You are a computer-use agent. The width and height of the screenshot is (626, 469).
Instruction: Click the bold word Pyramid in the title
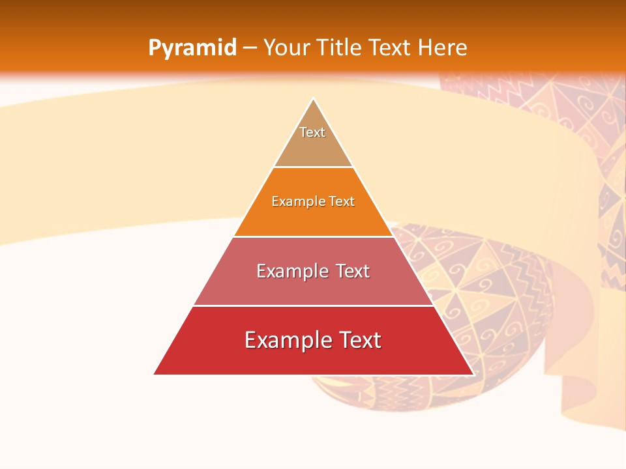coord(192,48)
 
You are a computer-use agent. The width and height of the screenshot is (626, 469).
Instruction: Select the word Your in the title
coord(285,48)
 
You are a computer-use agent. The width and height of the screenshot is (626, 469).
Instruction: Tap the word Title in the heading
coord(339,48)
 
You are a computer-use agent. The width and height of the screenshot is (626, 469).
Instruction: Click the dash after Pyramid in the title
coord(250,48)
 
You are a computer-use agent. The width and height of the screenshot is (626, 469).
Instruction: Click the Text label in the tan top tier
coord(312,132)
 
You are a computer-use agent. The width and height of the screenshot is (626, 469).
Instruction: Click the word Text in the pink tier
coord(353,271)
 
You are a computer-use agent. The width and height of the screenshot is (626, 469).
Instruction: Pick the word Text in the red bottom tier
coord(359,340)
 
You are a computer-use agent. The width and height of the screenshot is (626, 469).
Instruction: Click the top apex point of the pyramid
coord(313,98)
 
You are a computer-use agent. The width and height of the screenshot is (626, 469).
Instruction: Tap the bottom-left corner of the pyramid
coord(155,374)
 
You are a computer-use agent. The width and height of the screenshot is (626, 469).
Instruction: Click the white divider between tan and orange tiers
coord(313,167)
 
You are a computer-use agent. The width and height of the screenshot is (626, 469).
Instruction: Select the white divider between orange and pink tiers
coord(313,236)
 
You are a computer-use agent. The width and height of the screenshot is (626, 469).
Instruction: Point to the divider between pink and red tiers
coord(313,306)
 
